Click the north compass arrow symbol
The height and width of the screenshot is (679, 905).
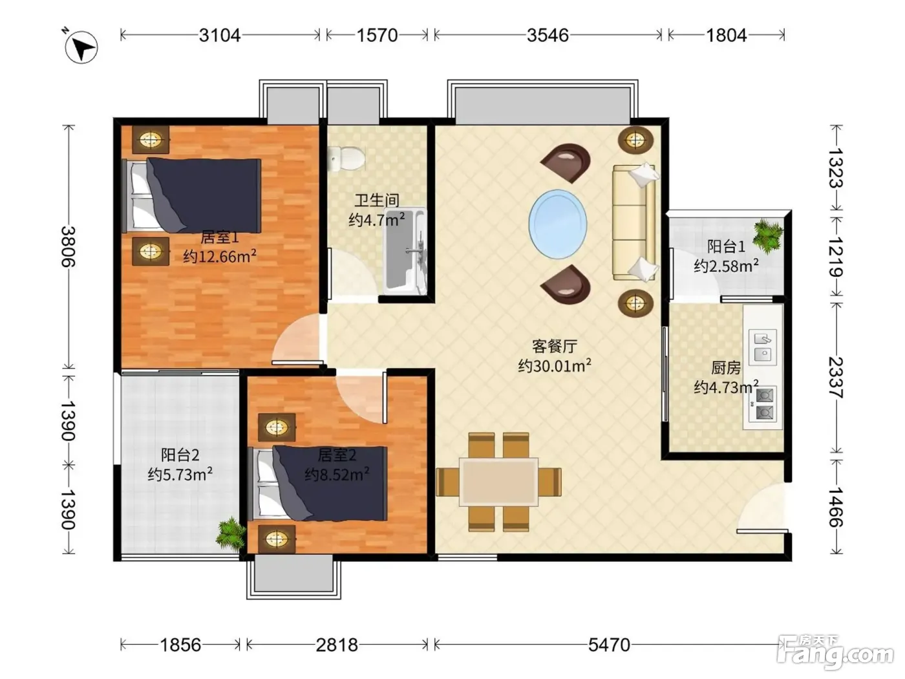(x=81, y=47)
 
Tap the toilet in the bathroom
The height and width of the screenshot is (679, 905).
(x=346, y=158)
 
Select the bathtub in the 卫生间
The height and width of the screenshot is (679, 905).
(x=405, y=252)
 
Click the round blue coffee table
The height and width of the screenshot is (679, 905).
(x=557, y=224)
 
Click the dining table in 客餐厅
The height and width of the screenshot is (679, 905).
(x=498, y=482)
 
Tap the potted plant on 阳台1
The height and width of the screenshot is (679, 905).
(x=768, y=236)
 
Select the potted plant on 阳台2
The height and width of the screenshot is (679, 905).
(x=231, y=535)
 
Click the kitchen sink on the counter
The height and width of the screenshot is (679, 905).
(x=762, y=347)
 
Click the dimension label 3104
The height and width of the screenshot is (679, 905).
(x=220, y=36)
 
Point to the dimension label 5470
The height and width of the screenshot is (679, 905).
(x=609, y=645)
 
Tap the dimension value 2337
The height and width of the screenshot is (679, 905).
(x=836, y=378)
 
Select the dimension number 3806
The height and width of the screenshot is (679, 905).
(x=69, y=246)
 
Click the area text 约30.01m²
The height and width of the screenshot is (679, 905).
(x=555, y=365)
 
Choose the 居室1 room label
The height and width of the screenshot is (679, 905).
(x=220, y=238)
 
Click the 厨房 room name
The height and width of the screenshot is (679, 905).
(x=726, y=368)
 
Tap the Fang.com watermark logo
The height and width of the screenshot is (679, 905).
(x=835, y=652)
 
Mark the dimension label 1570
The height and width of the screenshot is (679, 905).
(x=377, y=36)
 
